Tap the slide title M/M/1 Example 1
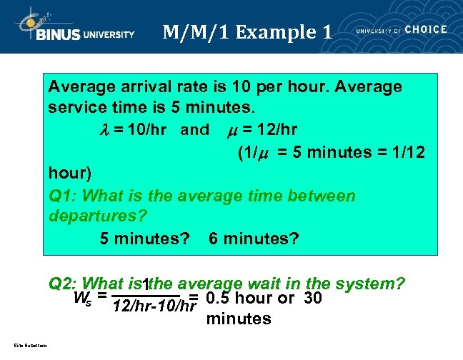[247, 32]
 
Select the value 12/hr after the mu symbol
[279, 130]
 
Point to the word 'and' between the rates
[194, 130]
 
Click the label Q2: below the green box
[63, 284]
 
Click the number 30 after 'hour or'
[313, 298]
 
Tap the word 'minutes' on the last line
[239, 319]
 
